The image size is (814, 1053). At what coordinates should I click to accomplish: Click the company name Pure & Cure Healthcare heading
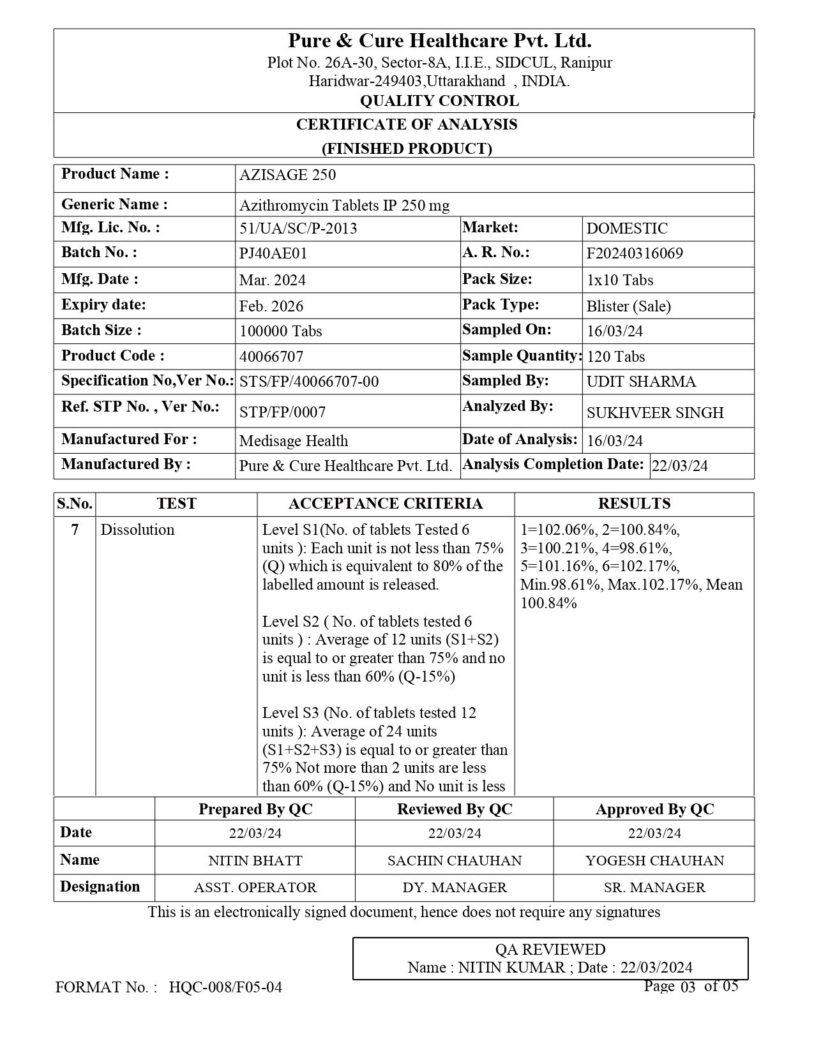(439, 41)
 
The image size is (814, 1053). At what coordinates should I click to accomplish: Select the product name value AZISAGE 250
(287, 175)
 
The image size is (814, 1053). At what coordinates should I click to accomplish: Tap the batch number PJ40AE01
(273, 253)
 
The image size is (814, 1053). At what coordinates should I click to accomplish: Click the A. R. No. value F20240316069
(635, 253)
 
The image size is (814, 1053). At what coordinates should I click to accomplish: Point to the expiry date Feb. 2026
(271, 306)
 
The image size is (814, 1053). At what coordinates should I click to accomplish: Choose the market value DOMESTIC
(627, 228)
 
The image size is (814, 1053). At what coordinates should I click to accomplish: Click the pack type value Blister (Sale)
(628, 306)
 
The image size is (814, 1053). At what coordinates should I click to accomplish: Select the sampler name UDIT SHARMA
(641, 382)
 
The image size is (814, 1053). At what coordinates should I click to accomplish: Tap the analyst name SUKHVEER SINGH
(655, 413)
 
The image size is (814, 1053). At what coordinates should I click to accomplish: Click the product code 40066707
(271, 356)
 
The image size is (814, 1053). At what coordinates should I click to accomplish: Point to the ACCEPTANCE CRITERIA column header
(386, 504)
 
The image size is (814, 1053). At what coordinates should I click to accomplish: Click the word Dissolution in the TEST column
(137, 530)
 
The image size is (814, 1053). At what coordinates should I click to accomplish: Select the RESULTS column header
(634, 504)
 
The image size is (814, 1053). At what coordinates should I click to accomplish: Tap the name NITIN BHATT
(255, 860)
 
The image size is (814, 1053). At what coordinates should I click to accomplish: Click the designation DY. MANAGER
(455, 888)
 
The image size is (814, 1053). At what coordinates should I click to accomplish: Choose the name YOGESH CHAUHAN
(654, 860)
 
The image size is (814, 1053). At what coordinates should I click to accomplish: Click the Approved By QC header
(654, 809)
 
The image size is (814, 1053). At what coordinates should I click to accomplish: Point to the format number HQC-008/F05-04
(225, 987)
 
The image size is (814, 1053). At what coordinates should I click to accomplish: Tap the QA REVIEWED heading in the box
(550, 950)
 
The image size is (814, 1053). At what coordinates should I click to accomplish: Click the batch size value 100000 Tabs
(280, 331)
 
